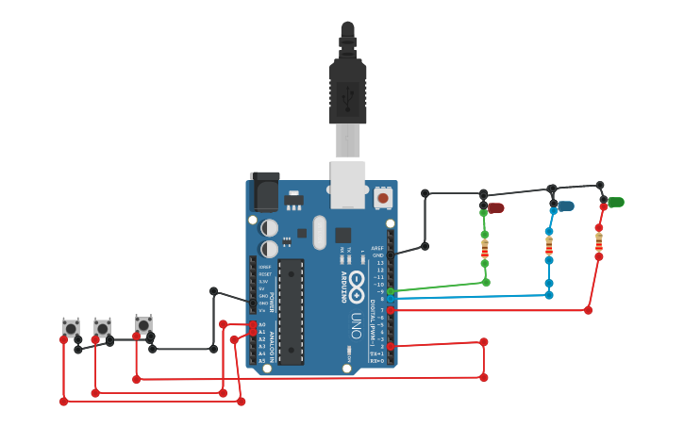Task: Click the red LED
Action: [x=495, y=207]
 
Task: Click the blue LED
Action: [x=565, y=205]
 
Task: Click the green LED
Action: [x=615, y=202]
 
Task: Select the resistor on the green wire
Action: [x=485, y=249]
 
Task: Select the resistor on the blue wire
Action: [x=549, y=245]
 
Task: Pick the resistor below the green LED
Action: [x=598, y=242]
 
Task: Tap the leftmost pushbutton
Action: [x=71, y=328]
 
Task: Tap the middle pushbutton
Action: [x=102, y=327]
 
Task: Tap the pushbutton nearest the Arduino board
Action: [x=143, y=323]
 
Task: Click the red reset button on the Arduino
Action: [x=382, y=198]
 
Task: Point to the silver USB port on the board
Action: [x=347, y=183]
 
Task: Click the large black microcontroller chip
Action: [x=291, y=311]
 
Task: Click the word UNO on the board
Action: [x=357, y=320]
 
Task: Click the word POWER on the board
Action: [x=274, y=301]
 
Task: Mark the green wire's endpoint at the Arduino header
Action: [x=391, y=291]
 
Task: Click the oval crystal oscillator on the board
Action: [x=319, y=231]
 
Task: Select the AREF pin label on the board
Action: [x=377, y=248]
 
